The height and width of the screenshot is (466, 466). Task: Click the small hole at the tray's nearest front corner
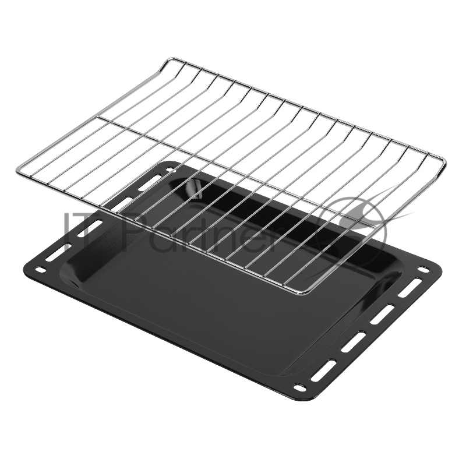(301, 387)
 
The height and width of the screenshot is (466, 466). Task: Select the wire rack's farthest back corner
(169, 58)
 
